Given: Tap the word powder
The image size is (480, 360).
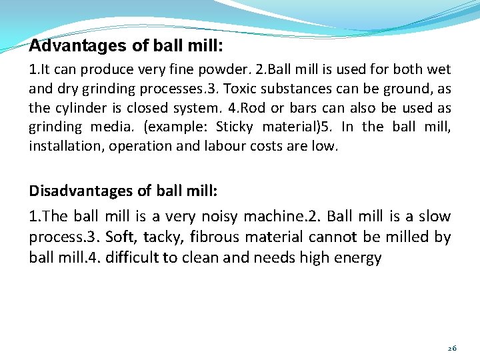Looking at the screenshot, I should coord(230,69).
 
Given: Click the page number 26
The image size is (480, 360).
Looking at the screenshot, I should coord(452,348).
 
